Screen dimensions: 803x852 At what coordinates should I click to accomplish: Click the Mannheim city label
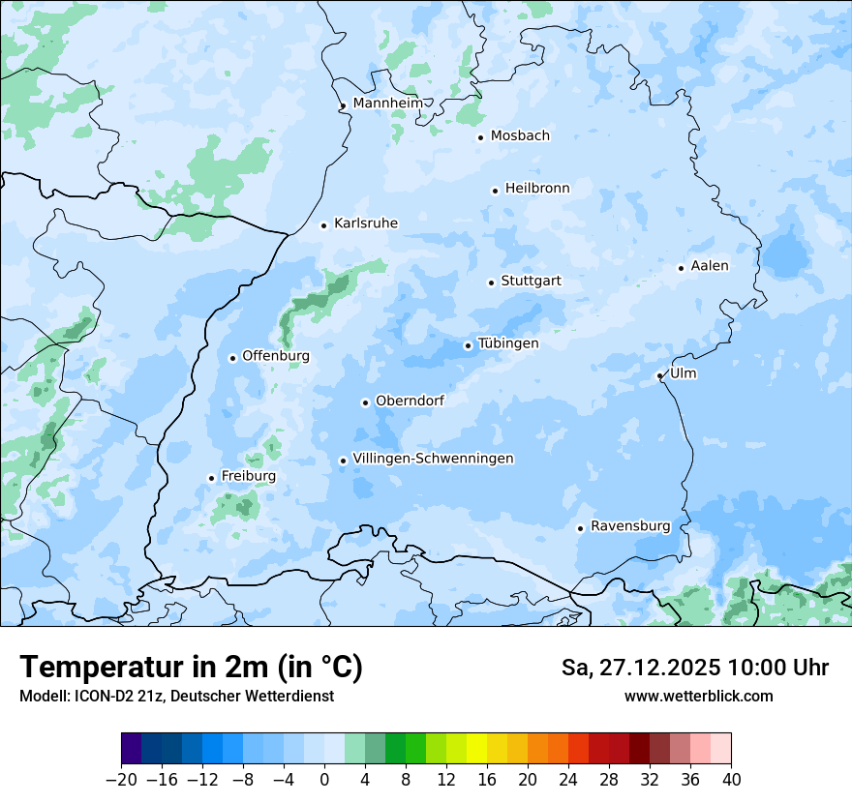pyautogui.click(x=387, y=104)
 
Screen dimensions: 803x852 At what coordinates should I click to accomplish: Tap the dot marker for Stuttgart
pyautogui.click(x=491, y=283)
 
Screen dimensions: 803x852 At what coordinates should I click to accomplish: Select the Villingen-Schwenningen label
pyautogui.click(x=433, y=459)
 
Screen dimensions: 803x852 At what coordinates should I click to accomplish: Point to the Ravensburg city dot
pyautogui.click(x=580, y=528)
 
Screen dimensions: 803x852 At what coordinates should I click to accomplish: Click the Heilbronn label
pyautogui.click(x=537, y=189)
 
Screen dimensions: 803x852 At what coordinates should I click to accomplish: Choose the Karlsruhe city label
pyautogui.click(x=365, y=223)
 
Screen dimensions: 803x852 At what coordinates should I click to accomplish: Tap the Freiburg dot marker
pyautogui.click(x=211, y=478)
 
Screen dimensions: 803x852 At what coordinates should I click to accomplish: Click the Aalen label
pyautogui.click(x=710, y=266)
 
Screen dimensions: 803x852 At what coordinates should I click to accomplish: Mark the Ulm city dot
pyautogui.click(x=659, y=375)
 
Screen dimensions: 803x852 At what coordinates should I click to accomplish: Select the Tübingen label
pyautogui.click(x=508, y=343)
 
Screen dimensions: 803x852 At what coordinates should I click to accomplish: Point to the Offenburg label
pyautogui.click(x=276, y=356)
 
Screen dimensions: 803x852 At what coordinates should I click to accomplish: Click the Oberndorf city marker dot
pyautogui.click(x=365, y=402)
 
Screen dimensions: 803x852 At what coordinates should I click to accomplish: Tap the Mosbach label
pyautogui.click(x=520, y=136)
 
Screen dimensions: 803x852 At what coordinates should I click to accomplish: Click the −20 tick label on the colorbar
pyautogui.click(x=121, y=780)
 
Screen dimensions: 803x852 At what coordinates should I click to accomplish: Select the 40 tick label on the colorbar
pyautogui.click(x=731, y=780)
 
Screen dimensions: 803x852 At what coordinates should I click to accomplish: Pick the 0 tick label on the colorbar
pyautogui.click(x=324, y=780)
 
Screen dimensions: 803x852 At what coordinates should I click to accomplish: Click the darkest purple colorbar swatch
pyautogui.click(x=131, y=749)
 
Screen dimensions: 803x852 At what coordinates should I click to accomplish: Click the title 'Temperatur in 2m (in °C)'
pyautogui.click(x=191, y=667)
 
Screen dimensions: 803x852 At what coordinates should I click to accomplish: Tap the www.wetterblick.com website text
pyautogui.click(x=698, y=696)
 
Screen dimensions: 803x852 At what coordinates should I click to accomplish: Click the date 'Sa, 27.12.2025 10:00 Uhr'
pyautogui.click(x=694, y=668)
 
